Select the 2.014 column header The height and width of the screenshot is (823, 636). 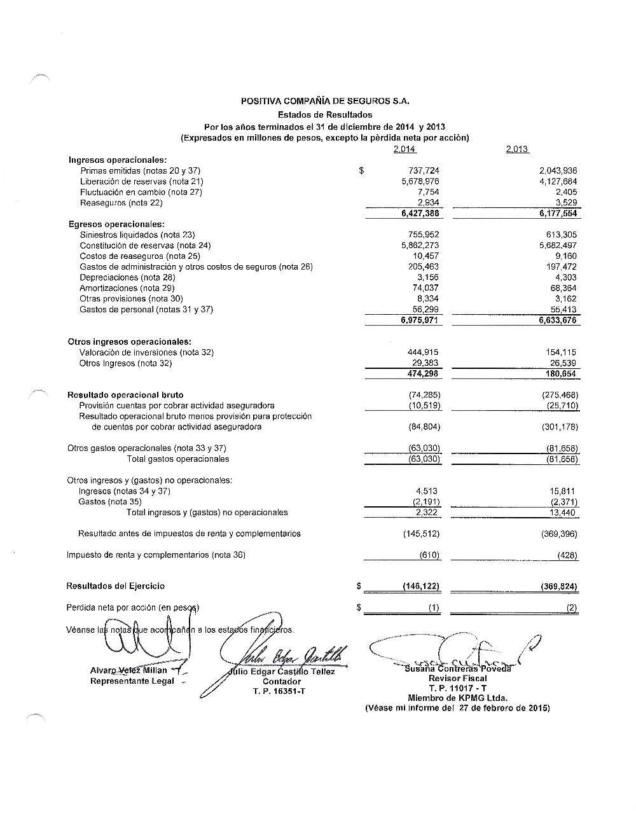[x=404, y=149]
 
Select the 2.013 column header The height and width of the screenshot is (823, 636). [x=517, y=149]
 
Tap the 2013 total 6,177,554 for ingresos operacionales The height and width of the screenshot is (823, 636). [x=557, y=214]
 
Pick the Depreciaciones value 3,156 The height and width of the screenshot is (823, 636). [x=427, y=277]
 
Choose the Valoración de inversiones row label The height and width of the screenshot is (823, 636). [x=146, y=352]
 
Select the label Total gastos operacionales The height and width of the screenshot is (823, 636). [x=178, y=459]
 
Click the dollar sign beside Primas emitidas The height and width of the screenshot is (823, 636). [x=361, y=170]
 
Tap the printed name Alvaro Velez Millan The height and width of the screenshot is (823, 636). [x=129, y=670]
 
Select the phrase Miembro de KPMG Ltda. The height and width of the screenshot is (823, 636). [x=457, y=698]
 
